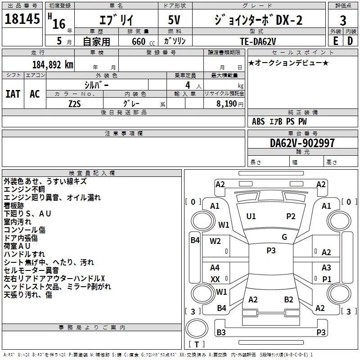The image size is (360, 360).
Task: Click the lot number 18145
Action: click(22, 20)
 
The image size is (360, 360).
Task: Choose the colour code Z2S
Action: click(74, 103)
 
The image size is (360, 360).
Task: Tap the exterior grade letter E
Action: click(335, 40)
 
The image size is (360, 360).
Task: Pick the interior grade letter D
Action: click(350, 40)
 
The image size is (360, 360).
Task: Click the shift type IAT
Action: click(13, 94)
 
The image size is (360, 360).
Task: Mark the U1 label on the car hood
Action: click(251, 216)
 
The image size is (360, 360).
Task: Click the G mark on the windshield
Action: click(284, 237)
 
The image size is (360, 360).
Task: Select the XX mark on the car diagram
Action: click(215, 279)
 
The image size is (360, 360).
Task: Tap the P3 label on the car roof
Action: click(271, 251)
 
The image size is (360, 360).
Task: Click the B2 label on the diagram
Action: click(288, 299)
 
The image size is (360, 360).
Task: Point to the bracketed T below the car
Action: click(197, 345)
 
